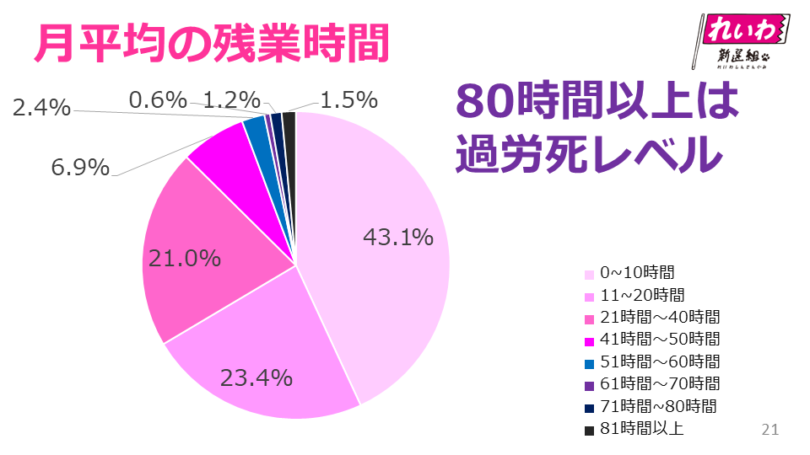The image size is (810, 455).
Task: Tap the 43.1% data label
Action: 398,238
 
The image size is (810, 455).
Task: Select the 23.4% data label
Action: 256,377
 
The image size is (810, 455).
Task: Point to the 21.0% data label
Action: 185,258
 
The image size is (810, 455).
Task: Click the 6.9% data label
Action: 80,168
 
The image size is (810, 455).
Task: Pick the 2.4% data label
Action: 41,107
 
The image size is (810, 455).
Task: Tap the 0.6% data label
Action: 158,100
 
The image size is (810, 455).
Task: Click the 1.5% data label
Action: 348,100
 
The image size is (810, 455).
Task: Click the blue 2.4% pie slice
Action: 255,131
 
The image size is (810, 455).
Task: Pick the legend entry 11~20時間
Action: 642,295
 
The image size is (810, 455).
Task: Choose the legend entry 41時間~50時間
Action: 660,339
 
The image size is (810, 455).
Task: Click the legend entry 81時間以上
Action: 641,429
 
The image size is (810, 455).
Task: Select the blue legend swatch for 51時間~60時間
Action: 589,362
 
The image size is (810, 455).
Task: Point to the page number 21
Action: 769,429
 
